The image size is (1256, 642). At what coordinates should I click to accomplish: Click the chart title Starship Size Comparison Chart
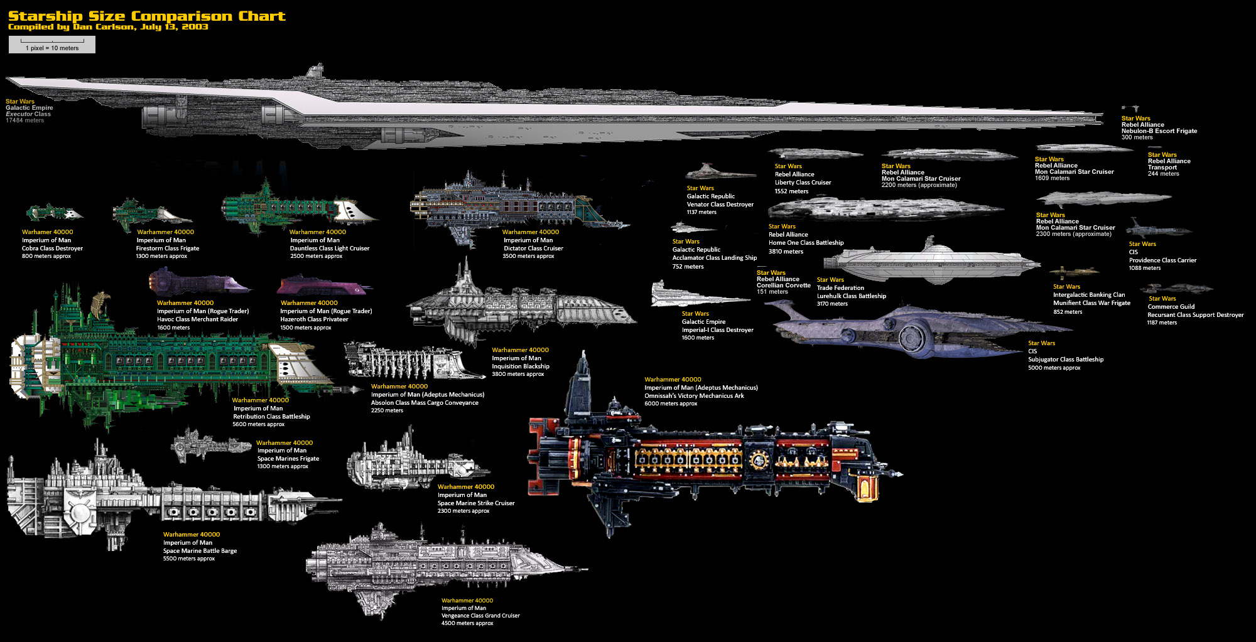146,16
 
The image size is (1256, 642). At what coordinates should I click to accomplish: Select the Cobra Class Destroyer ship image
54,212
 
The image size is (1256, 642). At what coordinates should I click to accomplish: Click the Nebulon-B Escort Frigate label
1159,131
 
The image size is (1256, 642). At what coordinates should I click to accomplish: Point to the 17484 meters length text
25,120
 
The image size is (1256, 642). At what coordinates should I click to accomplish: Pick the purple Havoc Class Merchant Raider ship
198,282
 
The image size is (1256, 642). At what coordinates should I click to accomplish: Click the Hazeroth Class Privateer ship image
323,286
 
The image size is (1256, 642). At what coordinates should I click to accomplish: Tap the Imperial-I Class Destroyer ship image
697,296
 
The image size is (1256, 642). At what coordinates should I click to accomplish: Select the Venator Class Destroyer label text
720,205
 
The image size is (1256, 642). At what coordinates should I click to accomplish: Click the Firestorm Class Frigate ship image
151,213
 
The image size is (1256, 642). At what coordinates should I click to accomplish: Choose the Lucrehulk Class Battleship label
851,296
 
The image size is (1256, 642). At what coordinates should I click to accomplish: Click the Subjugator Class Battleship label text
1065,360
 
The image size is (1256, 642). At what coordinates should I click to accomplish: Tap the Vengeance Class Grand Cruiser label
480,616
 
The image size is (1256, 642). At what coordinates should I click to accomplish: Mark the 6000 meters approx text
670,404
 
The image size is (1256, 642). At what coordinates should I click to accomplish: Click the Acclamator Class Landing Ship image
693,228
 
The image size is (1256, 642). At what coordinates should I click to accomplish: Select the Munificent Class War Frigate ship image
1073,272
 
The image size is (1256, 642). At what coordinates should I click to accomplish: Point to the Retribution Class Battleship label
271,417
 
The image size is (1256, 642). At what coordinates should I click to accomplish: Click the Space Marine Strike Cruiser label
475,503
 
